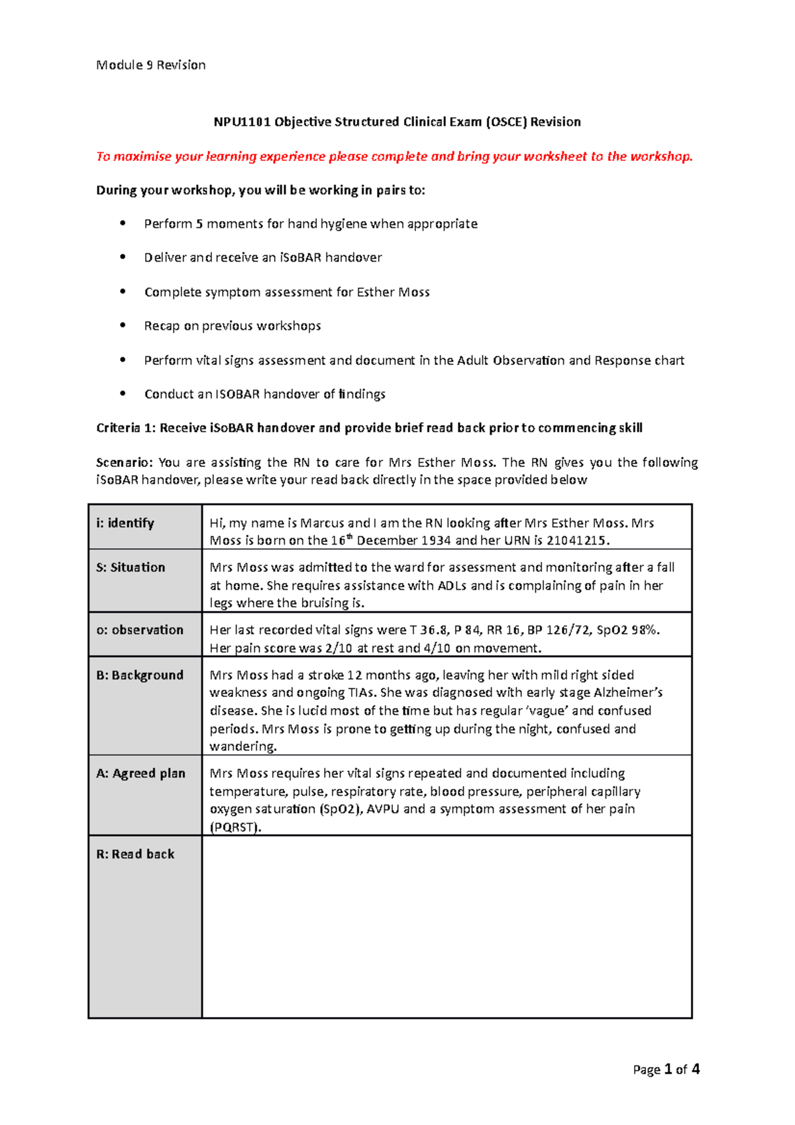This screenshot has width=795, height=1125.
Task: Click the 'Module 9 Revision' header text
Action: (151, 65)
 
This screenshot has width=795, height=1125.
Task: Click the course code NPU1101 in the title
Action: (242, 122)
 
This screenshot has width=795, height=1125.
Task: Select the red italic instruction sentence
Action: (394, 156)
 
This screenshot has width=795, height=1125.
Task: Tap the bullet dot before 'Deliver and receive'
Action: (123, 257)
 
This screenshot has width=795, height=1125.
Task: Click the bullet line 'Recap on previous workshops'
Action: (233, 326)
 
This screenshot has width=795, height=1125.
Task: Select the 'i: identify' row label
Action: (125, 523)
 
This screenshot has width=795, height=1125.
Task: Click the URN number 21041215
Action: (576, 541)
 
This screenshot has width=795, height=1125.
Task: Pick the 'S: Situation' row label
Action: (131, 568)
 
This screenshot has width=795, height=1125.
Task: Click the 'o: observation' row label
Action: (140, 630)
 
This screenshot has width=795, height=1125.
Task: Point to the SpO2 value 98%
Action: (645, 630)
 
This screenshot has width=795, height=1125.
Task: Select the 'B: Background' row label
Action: (140, 675)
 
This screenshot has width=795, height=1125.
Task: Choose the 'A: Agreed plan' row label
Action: (140, 774)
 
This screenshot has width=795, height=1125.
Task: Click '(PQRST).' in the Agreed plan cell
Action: (235, 828)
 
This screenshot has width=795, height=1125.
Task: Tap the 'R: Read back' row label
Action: (135, 855)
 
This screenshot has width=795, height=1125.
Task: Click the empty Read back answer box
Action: (447, 926)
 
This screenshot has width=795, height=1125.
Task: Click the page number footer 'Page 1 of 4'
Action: (666, 1069)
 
